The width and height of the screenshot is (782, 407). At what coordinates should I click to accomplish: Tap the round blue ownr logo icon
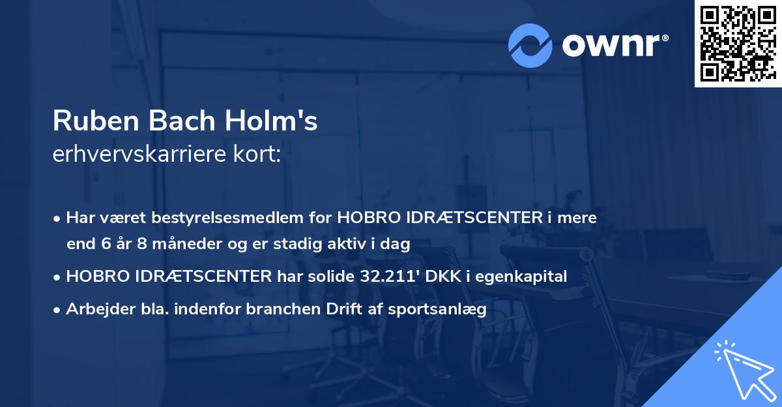530,45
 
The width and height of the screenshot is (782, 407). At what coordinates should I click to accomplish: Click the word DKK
446,277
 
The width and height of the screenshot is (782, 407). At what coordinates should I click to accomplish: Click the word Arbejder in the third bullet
95,310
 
